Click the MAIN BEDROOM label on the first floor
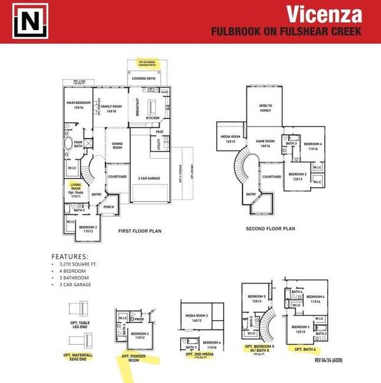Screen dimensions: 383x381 click(x=77, y=105)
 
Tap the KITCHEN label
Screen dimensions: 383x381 click(x=153, y=118)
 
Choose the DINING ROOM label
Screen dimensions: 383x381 click(x=116, y=146)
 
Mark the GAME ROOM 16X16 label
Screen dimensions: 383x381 click(x=265, y=144)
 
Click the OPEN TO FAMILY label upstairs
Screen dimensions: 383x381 click(x=265, y=108)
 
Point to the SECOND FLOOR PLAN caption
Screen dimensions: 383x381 click(x=271, y=228)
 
